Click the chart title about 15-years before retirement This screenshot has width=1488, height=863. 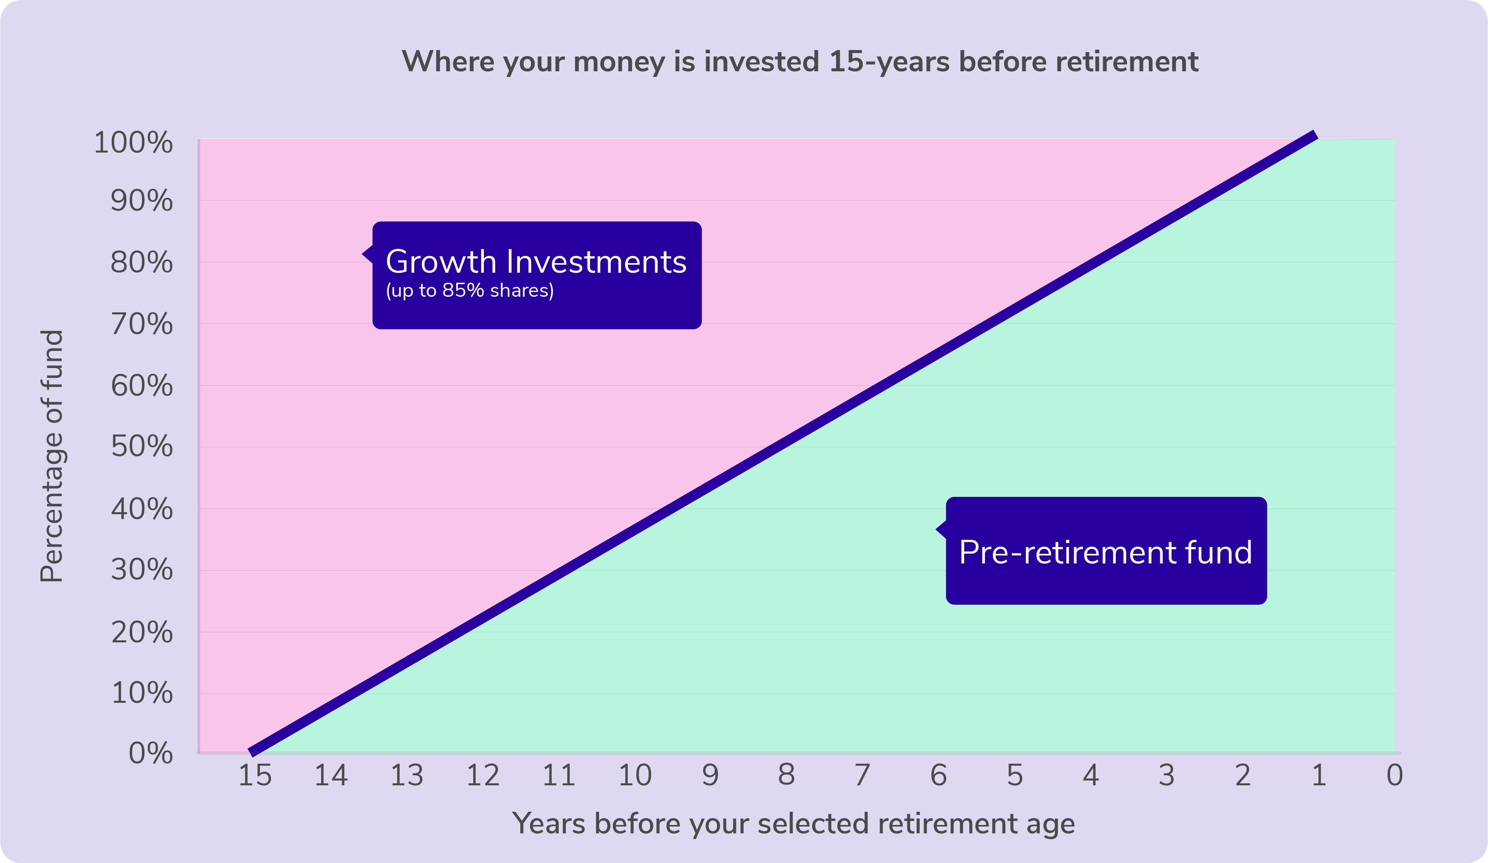tap(800, 61)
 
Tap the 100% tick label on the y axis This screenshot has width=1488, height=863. tap(133, 143)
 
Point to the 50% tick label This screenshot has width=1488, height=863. tap(142, 447)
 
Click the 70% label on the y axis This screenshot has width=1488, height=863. tap(142, 324)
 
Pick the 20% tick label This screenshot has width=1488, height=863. tap(142, 633)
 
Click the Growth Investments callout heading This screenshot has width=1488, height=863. tap(536, 262)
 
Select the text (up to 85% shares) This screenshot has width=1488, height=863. tap(469, 291)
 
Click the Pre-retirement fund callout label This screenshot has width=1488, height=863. tap(1105, 552)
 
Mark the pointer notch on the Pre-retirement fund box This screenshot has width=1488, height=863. tap(941, 530)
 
